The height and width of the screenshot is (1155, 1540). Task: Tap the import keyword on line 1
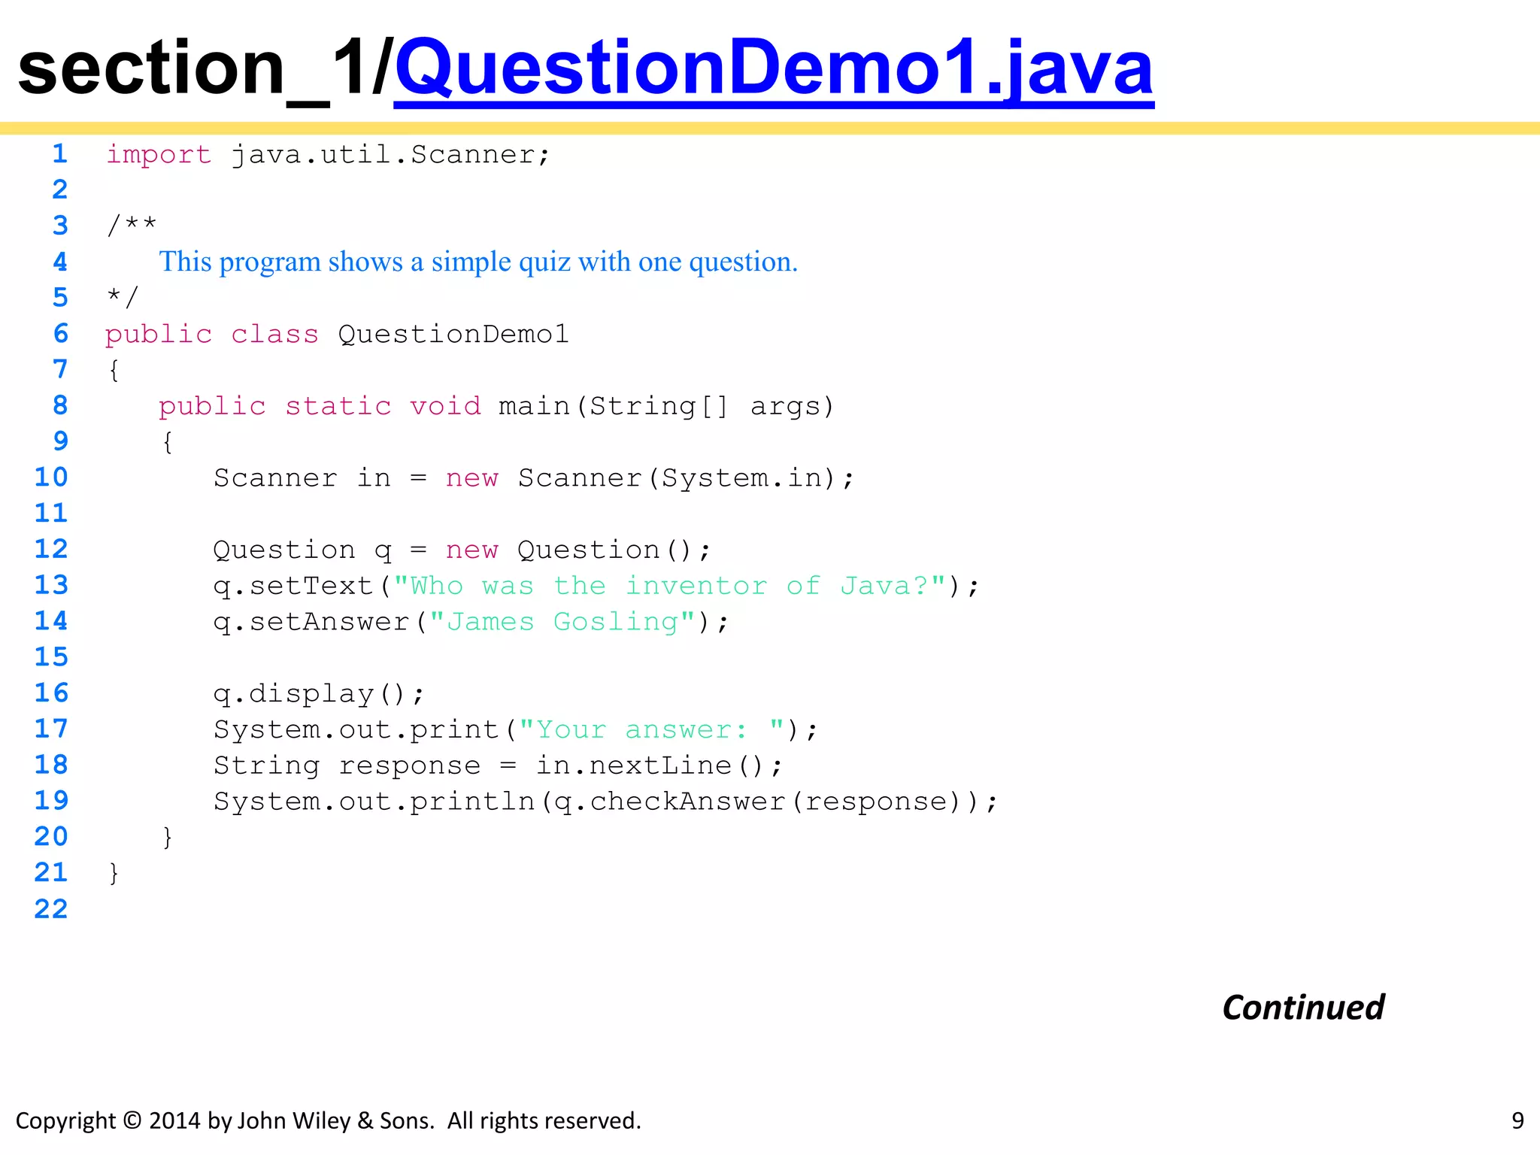tap(159, 155)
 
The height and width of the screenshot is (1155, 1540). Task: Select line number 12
tap(51, 549)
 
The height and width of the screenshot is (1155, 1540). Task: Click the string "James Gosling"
tap(562, 622)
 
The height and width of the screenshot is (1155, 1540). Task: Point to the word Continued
tap(1302, 1008)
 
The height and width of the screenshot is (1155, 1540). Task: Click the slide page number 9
tap(1517, 1120)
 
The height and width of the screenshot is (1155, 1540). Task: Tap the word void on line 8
tap(444, 406)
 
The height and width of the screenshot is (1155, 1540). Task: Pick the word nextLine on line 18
tap(660, 765)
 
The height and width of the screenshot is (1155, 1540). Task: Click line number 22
tap(51, 909)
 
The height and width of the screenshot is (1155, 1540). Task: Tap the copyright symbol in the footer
tap(132, 1120)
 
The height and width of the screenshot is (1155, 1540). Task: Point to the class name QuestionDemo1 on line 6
tap(453, 334)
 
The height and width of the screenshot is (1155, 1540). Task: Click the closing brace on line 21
tap(114, 872)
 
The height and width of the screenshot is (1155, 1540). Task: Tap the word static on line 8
tap(338, 406)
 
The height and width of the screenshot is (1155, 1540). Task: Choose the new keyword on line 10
tap(471, 478)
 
